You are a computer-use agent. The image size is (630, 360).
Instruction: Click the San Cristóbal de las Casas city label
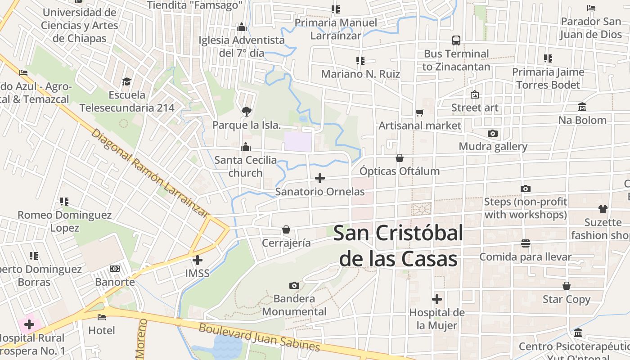398,246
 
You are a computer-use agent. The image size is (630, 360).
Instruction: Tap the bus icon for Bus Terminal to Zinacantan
456,40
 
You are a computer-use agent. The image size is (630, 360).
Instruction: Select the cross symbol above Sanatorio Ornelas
320,178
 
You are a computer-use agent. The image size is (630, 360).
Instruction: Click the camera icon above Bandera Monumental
294,285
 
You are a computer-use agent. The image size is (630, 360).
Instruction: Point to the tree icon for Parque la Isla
246,111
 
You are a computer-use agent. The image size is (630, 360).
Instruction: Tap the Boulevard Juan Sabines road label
260,337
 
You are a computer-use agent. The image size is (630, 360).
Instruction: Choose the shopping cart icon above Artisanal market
420,112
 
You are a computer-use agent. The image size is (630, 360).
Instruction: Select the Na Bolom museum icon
582,107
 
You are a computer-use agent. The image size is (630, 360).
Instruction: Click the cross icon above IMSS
198,260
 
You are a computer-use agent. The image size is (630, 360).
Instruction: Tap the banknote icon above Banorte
115,269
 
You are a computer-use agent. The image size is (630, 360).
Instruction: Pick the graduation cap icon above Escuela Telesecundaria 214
126,81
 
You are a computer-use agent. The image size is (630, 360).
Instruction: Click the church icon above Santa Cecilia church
246,147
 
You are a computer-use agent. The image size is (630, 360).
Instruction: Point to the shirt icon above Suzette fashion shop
603,209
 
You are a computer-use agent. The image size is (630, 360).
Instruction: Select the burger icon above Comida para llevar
525,243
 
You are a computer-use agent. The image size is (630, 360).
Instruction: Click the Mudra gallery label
493,147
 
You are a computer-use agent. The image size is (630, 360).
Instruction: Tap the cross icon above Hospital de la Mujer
436,299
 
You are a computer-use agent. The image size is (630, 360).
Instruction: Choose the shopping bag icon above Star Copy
567,286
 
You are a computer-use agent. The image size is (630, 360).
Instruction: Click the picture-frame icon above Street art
474,94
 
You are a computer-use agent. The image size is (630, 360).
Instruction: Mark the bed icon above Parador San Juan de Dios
591,8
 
